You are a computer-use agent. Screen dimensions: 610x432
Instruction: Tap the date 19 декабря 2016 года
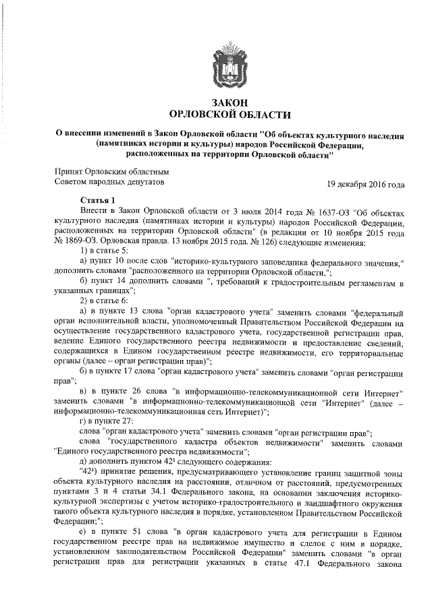366,183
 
